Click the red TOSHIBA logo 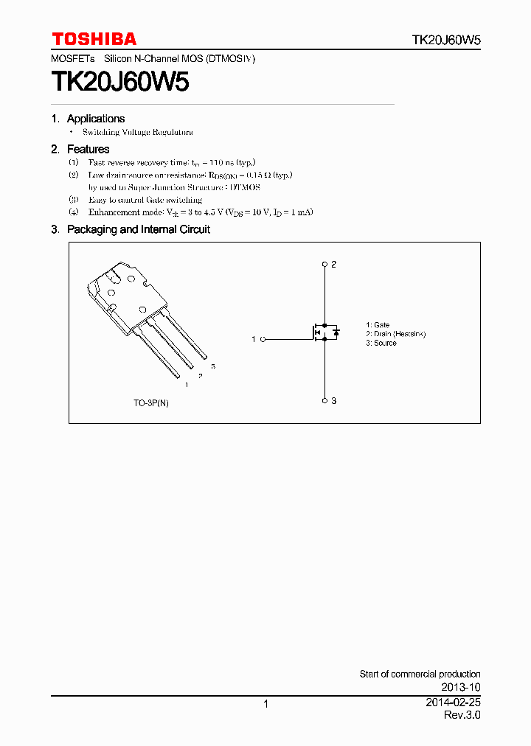[94, 39]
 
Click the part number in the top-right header [446, 41]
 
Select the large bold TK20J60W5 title [120, 82]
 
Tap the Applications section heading [95, 119]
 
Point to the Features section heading [88, 149]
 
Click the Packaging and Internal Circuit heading [138, 229]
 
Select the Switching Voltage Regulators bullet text [137, 132]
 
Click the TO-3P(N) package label [151, 403]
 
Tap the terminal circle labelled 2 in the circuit [324, 264]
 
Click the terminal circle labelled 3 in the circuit [324, 400]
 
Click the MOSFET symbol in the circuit [325, 332]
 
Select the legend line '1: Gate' [378, 325]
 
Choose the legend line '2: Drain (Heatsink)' [395, 334]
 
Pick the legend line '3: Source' [381, 343]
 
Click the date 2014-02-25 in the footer [453, 703]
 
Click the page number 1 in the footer [265, 704]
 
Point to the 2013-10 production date [462, 687]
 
